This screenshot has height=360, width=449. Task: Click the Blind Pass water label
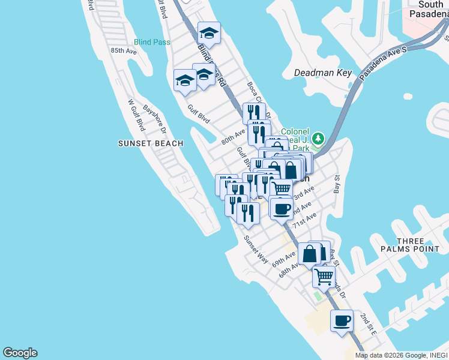152,42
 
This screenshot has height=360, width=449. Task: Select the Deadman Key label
322,73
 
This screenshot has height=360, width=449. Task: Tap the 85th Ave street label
124,51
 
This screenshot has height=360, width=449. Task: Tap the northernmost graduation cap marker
209,32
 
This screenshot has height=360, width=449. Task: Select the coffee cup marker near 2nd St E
342,320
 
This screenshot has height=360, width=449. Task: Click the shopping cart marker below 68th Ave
324,277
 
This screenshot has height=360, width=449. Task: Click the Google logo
20,353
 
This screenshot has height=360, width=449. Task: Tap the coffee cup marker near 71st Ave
281,209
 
